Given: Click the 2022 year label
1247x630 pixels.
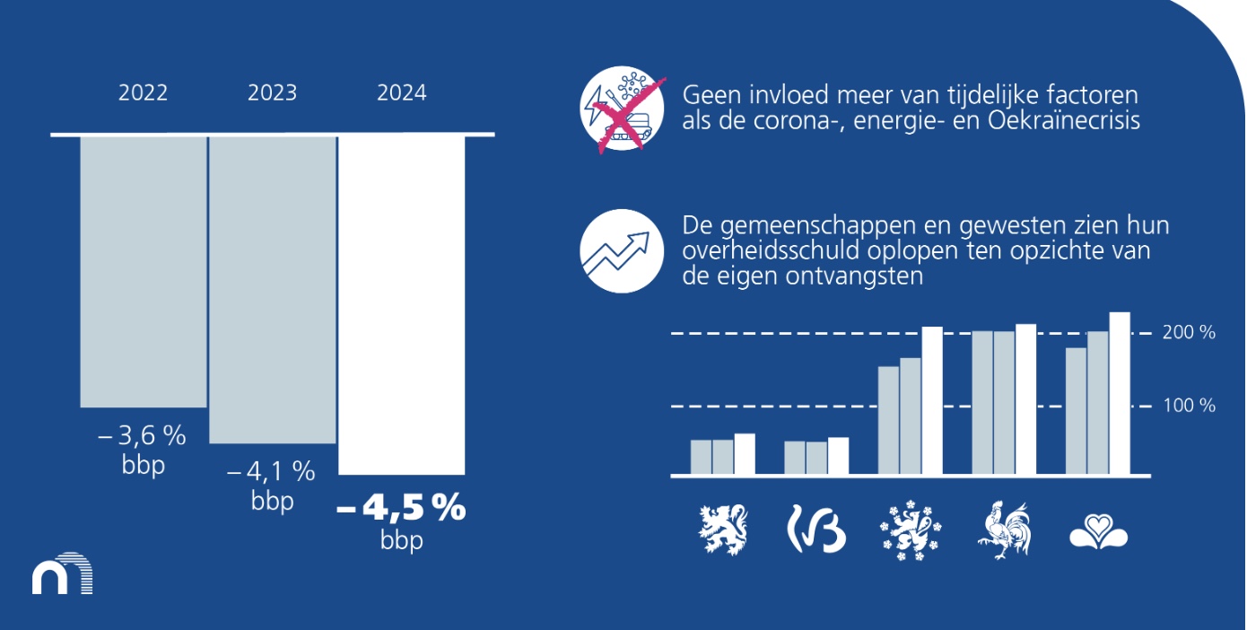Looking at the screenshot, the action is click(x=143, y=92).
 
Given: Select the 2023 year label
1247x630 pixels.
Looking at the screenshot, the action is click(x=272, y=92).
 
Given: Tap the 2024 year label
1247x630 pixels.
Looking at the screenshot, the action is click(x=401, y=92).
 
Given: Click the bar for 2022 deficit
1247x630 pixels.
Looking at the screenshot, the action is click(x=143, y=272).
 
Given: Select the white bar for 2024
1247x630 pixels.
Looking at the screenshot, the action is click(x=401, y=305).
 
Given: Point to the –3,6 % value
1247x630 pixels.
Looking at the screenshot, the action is click(x=142, y=435).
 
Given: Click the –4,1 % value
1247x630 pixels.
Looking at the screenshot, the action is click(x=271, y=472).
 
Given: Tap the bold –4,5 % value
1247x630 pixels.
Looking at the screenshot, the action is click(x=401, y=508).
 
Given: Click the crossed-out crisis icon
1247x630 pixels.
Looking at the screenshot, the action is click(x=623, y=109).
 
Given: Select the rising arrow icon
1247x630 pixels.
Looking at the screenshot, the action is click(x=622, y=251).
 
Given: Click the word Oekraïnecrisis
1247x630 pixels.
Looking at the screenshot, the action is click(x=1064, y=121).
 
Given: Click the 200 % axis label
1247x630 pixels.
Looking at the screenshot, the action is click(x=1189, y=333).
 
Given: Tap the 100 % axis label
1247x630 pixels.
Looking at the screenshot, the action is click(x=1189, y=406).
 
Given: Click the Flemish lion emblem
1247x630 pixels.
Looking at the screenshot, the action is click(x=723, y=529).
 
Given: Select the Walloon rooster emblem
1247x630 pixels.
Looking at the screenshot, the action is click(x=1005, y=529).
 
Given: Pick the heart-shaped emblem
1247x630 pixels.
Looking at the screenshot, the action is click(x=1098, y=532).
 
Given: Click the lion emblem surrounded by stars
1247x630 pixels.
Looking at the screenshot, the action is click(x=911, y=529).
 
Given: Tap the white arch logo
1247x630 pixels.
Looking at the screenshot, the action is click(x=63, y=573).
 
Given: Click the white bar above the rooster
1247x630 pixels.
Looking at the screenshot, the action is click(x=1025, y=398).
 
